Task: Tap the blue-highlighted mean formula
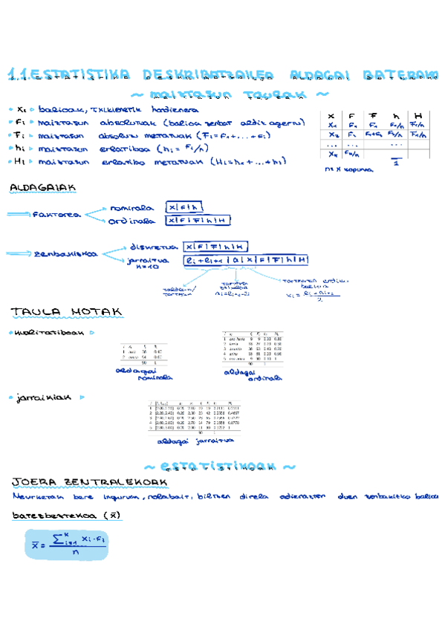pos(65,544)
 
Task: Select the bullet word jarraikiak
pos(44,397)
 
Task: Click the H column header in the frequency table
pos(419,116)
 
